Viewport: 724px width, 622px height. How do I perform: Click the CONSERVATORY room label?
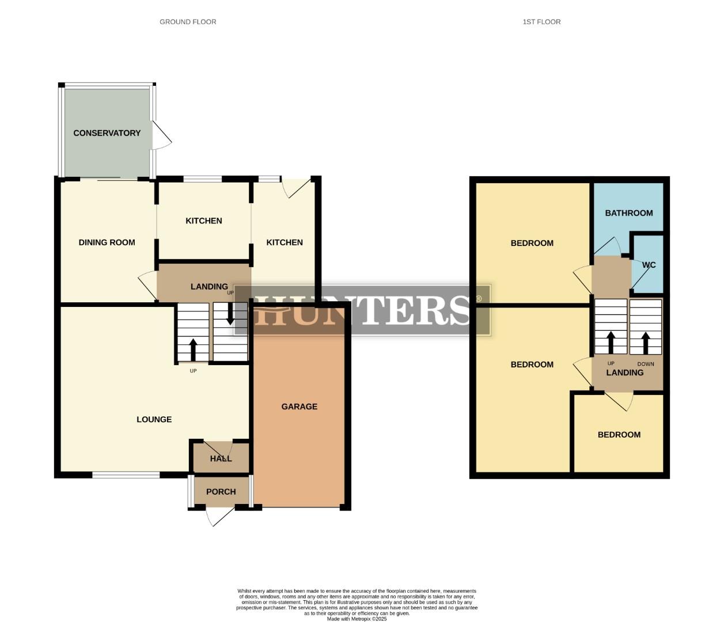[x=107, y=133]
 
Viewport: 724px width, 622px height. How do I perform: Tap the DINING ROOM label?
[x=107, y=242]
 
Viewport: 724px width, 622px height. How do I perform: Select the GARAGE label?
[x=300, y=407]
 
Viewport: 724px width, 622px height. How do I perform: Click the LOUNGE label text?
[x=154, y=419]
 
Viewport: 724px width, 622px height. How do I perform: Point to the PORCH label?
[x=221, y=492]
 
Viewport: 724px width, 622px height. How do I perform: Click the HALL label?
[x=221, y=458]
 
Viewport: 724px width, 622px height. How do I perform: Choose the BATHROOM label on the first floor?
[x=629, y=213]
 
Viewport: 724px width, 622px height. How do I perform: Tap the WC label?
[x=649, y=265]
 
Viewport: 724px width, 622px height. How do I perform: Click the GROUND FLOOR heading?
[x=188, y=22]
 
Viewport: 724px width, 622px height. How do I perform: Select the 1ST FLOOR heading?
[x=541, y=22]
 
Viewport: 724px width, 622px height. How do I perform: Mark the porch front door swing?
[x=217, y=516]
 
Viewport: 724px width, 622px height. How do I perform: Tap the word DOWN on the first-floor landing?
[x=646, y=364]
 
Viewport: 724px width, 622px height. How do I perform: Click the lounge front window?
[x=126, y=475]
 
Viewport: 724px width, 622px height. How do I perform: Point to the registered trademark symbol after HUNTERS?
[x=479, y=299]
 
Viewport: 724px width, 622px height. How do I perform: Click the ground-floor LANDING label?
[x=209, y=286]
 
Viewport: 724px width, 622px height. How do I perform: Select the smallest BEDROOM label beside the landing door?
[x=619, y=435]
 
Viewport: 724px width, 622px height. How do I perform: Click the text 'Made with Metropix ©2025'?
[x=357, y=619]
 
